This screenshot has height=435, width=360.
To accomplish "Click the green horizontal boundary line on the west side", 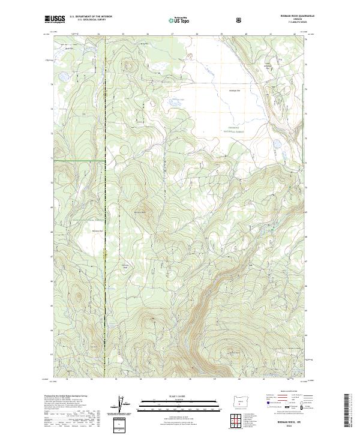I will click(78, 161).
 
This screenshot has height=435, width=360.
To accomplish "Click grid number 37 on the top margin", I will click(172, 35).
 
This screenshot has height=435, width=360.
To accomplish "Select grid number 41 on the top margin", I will click(271, 35).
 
